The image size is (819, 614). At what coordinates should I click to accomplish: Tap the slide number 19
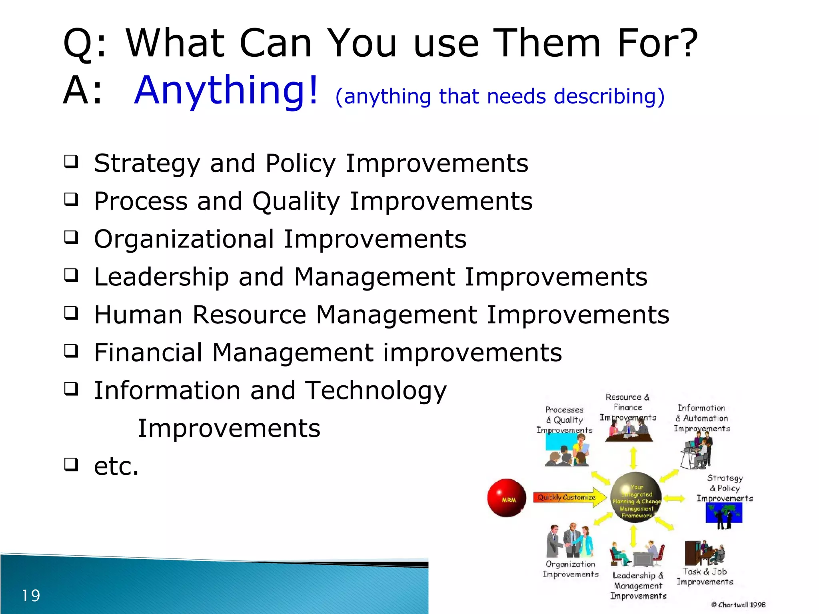point(31,596)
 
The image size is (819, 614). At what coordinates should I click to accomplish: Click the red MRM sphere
point(507,498)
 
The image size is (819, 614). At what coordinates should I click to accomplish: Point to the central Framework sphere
point(636,498)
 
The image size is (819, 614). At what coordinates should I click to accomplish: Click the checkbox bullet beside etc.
point(71,464)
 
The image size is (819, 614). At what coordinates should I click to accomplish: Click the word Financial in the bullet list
point(148,353)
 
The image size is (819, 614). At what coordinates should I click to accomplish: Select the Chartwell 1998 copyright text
point(738,605)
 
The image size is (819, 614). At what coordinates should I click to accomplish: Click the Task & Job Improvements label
point(705,577)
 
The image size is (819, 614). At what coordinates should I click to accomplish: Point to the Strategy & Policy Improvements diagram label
point(725,488)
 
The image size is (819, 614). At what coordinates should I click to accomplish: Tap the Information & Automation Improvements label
point(702,418)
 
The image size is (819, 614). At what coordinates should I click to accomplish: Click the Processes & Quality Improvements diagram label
point(564,420)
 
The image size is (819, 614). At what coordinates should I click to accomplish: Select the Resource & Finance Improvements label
point(628,407)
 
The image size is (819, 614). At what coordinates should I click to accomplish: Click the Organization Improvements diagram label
point(570,569)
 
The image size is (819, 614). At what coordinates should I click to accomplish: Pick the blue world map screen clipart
point(724,513)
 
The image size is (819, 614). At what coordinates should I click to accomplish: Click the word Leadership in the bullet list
point(161,277)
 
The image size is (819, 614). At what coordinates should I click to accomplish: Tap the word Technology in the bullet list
point(376,391)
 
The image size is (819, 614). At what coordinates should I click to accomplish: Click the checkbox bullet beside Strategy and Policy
point(71,162)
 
